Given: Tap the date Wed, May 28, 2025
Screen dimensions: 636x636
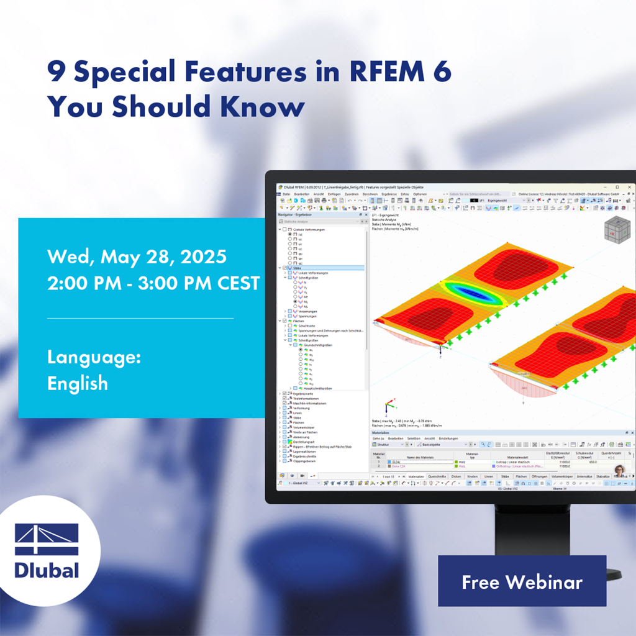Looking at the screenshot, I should [137, 257].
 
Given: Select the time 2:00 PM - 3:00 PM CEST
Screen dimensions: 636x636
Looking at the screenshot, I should [153, 283].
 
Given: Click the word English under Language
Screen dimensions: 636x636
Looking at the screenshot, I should [78, 383].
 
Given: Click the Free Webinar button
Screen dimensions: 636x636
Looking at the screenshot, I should [522, 581].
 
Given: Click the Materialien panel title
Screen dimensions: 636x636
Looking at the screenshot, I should [380, 432].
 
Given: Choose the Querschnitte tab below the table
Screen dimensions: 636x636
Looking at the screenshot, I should [437, 476].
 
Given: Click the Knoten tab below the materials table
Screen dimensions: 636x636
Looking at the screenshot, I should [473, 476].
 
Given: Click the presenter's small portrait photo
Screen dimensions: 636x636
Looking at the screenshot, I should [619, 470].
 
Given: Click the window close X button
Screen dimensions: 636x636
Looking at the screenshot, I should [629, 187].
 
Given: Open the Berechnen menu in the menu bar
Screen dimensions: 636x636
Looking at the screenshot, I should [369, 194].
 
